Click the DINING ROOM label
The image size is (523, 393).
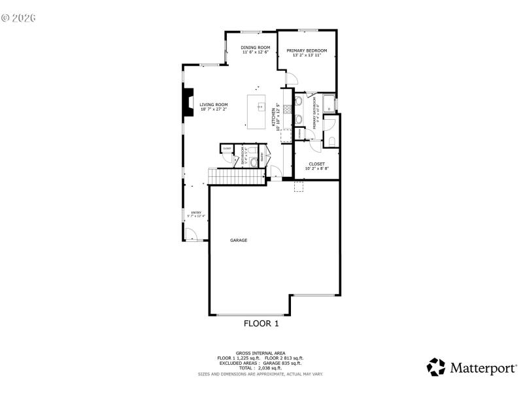(x=255, y=47)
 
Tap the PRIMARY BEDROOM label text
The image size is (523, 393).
(x=307, y=50)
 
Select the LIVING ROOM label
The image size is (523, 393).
(x=214, y=104)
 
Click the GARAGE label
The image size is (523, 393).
(x=239, y=240)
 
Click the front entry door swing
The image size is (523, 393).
(x=190, y=234)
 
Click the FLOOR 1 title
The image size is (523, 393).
(x=261, y=323)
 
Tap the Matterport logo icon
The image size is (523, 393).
(x=436, y=367)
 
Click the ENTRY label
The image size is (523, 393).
(x=195, y=212)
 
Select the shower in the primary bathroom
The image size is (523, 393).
(x=329, y=103)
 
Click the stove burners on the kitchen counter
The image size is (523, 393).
(x=299, y=110)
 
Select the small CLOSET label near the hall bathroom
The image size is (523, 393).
(x=227, y=148)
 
